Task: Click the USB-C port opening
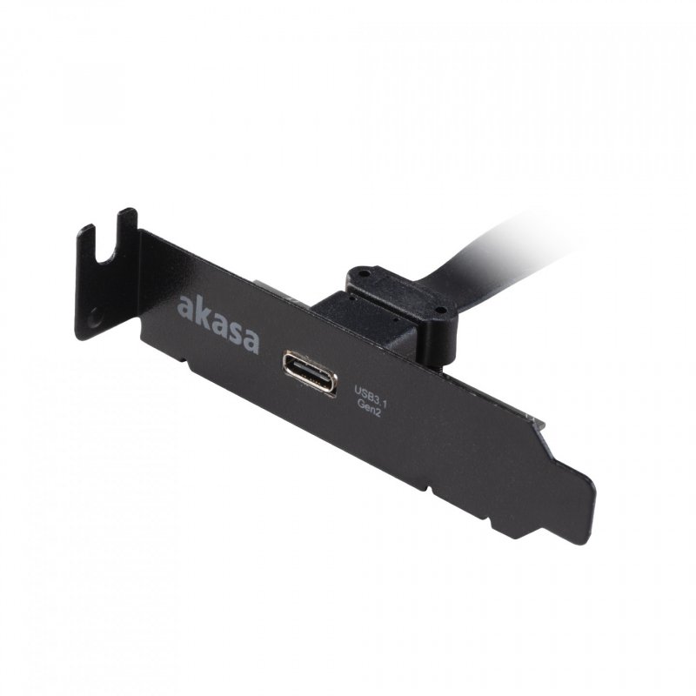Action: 309,373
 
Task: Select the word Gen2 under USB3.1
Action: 369,412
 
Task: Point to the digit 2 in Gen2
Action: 379,415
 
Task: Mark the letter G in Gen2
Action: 359,407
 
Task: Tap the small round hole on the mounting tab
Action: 94,321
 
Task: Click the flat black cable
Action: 487,248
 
